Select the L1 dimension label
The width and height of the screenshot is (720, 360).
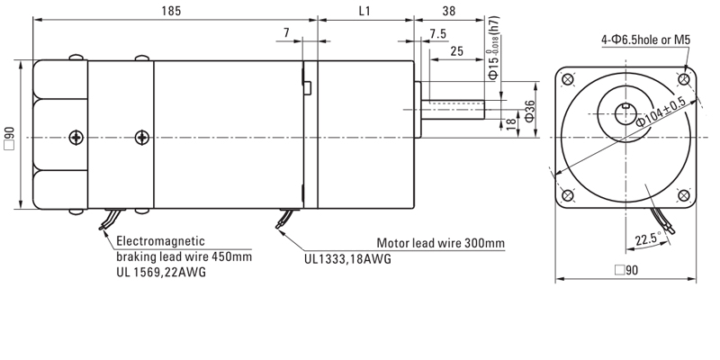point(364,12)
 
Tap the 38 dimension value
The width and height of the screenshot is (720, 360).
point(448,12)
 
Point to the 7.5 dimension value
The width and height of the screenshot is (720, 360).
point(438,34)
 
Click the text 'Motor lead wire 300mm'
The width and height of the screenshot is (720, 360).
point(440,243)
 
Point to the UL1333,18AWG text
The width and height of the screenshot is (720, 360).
point(347,258)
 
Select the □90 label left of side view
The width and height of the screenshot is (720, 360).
point(9,137)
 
